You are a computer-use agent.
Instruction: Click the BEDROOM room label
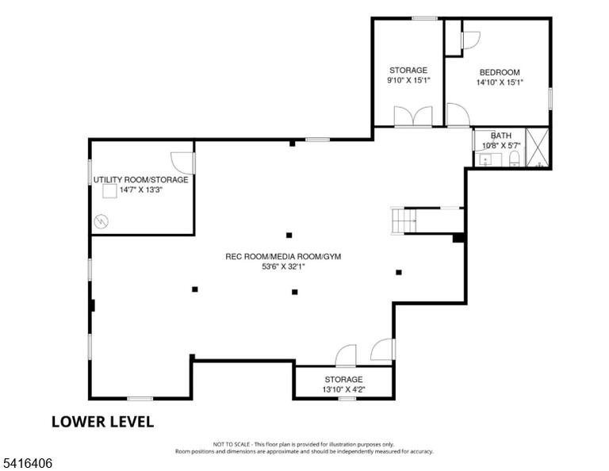pyautogui.click(x=500, y=72)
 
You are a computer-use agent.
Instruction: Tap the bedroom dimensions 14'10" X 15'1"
pyautogui.click(x=500, y=82)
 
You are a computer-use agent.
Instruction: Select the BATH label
pyautogui.click(x=501, y=136)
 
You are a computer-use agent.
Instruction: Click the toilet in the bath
pyautogui.click(x=514, y=159)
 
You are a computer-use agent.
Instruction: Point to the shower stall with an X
pyautogui.click(x=537, y=147)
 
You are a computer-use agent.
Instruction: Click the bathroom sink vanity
pyautogui.click(x=489, y=159)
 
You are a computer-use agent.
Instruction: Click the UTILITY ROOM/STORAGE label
pyautogui.click(x=140, y=180)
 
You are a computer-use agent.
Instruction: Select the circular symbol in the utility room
pyautogui.click(x=101, y=221)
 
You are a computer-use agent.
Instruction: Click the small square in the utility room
pyautogui.click(x=109, y=191)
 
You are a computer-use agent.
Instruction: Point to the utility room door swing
pyautogui.click(x=182, y=163)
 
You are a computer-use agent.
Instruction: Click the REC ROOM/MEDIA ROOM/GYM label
pyautogui.click(x=283, y=257)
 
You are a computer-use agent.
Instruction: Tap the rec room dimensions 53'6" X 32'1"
pyautogui.click(x=283, y=266)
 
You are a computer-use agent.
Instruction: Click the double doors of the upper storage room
pyautogui.click(x=413, y=116)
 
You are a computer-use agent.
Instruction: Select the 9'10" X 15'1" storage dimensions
pyautogui.click(x=408, y=80)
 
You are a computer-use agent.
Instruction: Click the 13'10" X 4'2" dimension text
pyautogui.click(x=343, y=389)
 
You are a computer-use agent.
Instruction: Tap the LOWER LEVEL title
pyautogui.click(x=102, y=422)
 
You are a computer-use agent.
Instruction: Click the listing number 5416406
pyautogui.click(x=27, y=463)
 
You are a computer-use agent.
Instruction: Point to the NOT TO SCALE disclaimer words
pyautogui.click(x=231, y=444)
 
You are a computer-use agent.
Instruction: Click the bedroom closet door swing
pyautogui.click(x=471, y=40)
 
